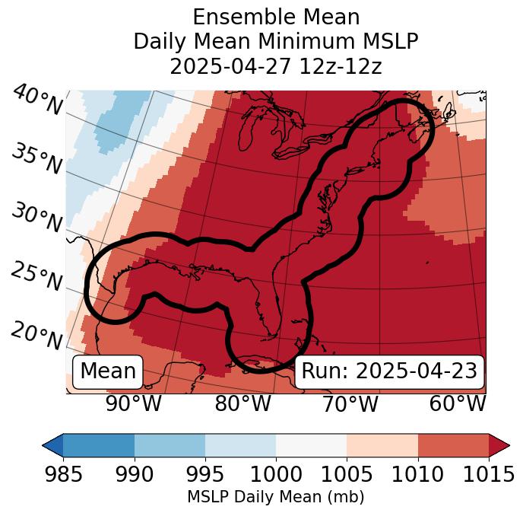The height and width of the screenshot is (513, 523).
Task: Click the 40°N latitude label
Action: click(37, 101)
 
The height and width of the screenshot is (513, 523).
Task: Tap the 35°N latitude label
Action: click(37, 158)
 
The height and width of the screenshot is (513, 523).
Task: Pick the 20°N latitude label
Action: click(37, 335)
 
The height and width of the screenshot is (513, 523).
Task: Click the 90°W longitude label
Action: click(133, 404)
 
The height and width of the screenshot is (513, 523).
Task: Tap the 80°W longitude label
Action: click(242, 404)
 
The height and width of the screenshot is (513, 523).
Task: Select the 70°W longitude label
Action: click(350, 404)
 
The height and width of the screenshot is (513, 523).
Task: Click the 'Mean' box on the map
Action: click(108, 371)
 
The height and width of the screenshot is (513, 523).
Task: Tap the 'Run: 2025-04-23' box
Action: click(389, 371)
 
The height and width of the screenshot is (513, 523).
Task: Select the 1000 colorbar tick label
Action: click(276, 475)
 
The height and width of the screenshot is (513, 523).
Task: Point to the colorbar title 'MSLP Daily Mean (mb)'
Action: click(275, 497)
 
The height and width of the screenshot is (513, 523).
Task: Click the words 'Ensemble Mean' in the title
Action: click(276, 17)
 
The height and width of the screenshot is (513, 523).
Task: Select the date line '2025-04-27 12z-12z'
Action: click(276, 66)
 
